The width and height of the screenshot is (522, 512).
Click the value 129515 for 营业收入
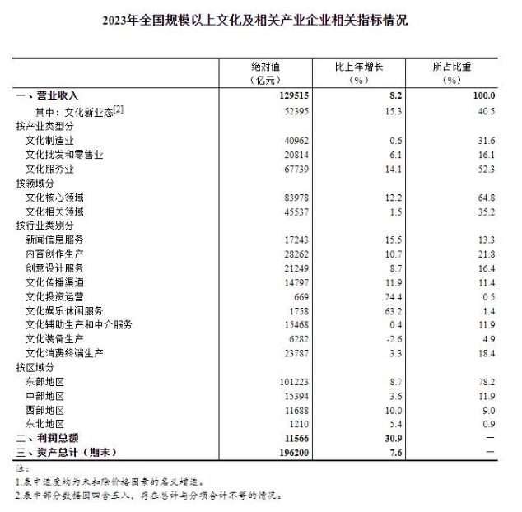(290, 95)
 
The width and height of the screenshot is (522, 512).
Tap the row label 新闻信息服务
(55, 239)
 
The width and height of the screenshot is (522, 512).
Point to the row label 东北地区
(44, 424)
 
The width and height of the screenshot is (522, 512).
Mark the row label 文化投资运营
(55, 296)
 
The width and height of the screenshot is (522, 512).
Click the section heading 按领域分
(34, 182)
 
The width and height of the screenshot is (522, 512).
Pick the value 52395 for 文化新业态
(292, 110)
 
